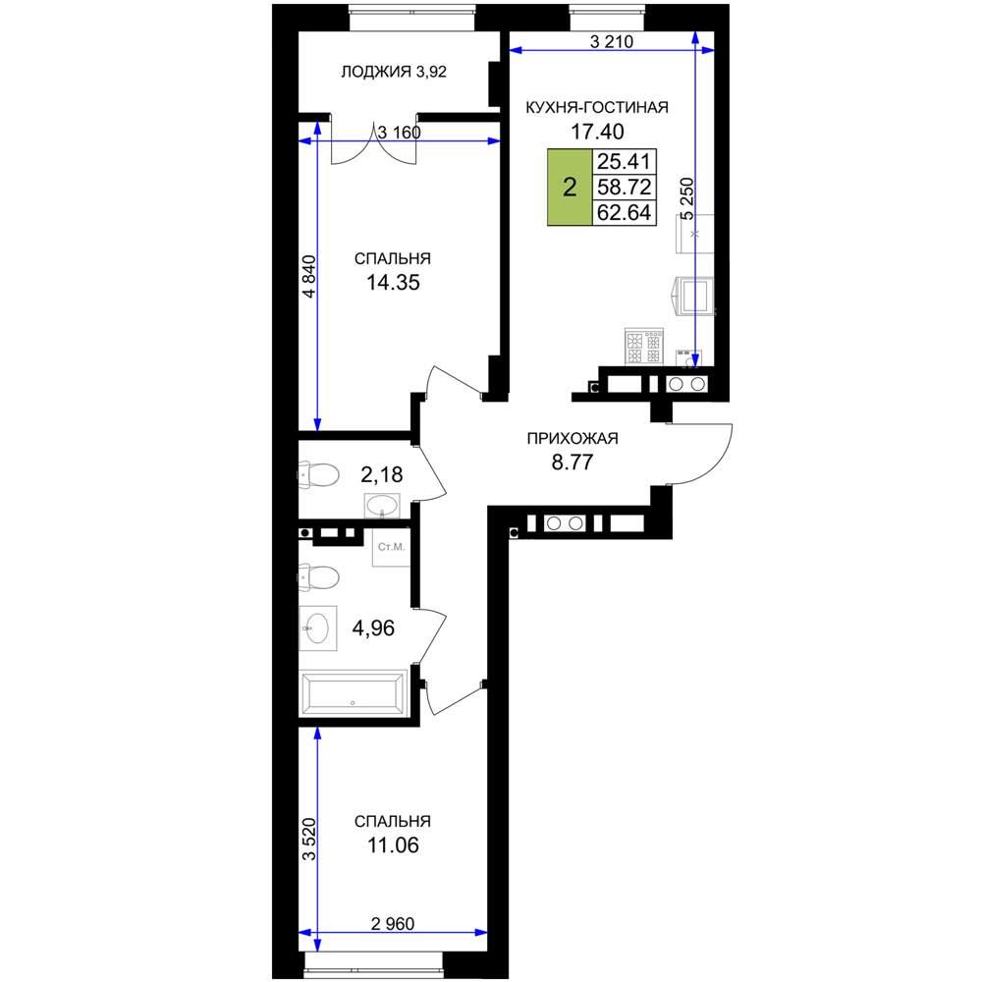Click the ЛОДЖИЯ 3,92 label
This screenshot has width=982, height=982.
click(394, 72)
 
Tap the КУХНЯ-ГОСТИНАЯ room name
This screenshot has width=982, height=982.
click(597, 107)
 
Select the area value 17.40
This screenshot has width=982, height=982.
click(597, 132)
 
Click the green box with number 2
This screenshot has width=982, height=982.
click(570, 188)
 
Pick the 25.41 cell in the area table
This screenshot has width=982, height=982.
click(624, 162)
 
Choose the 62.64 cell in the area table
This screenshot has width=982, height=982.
click(624, 213)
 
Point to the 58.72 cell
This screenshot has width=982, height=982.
click(624, 188)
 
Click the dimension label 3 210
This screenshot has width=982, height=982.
click(611, 42)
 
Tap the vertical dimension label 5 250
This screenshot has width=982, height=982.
click(687, 199)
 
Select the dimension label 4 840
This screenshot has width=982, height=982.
click(309, 276)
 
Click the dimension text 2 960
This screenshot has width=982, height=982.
click(393, 924)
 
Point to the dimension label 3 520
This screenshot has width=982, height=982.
click(309, 840)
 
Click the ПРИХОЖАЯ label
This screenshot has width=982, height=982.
click(573, 438)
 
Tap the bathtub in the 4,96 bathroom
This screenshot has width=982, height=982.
click(355, 693)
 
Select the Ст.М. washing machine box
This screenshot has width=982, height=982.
click(392, 547)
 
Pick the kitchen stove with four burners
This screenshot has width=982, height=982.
click(644, 347)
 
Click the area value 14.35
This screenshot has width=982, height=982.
click(393, 283)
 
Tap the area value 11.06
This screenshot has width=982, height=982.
click(393, 846)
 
